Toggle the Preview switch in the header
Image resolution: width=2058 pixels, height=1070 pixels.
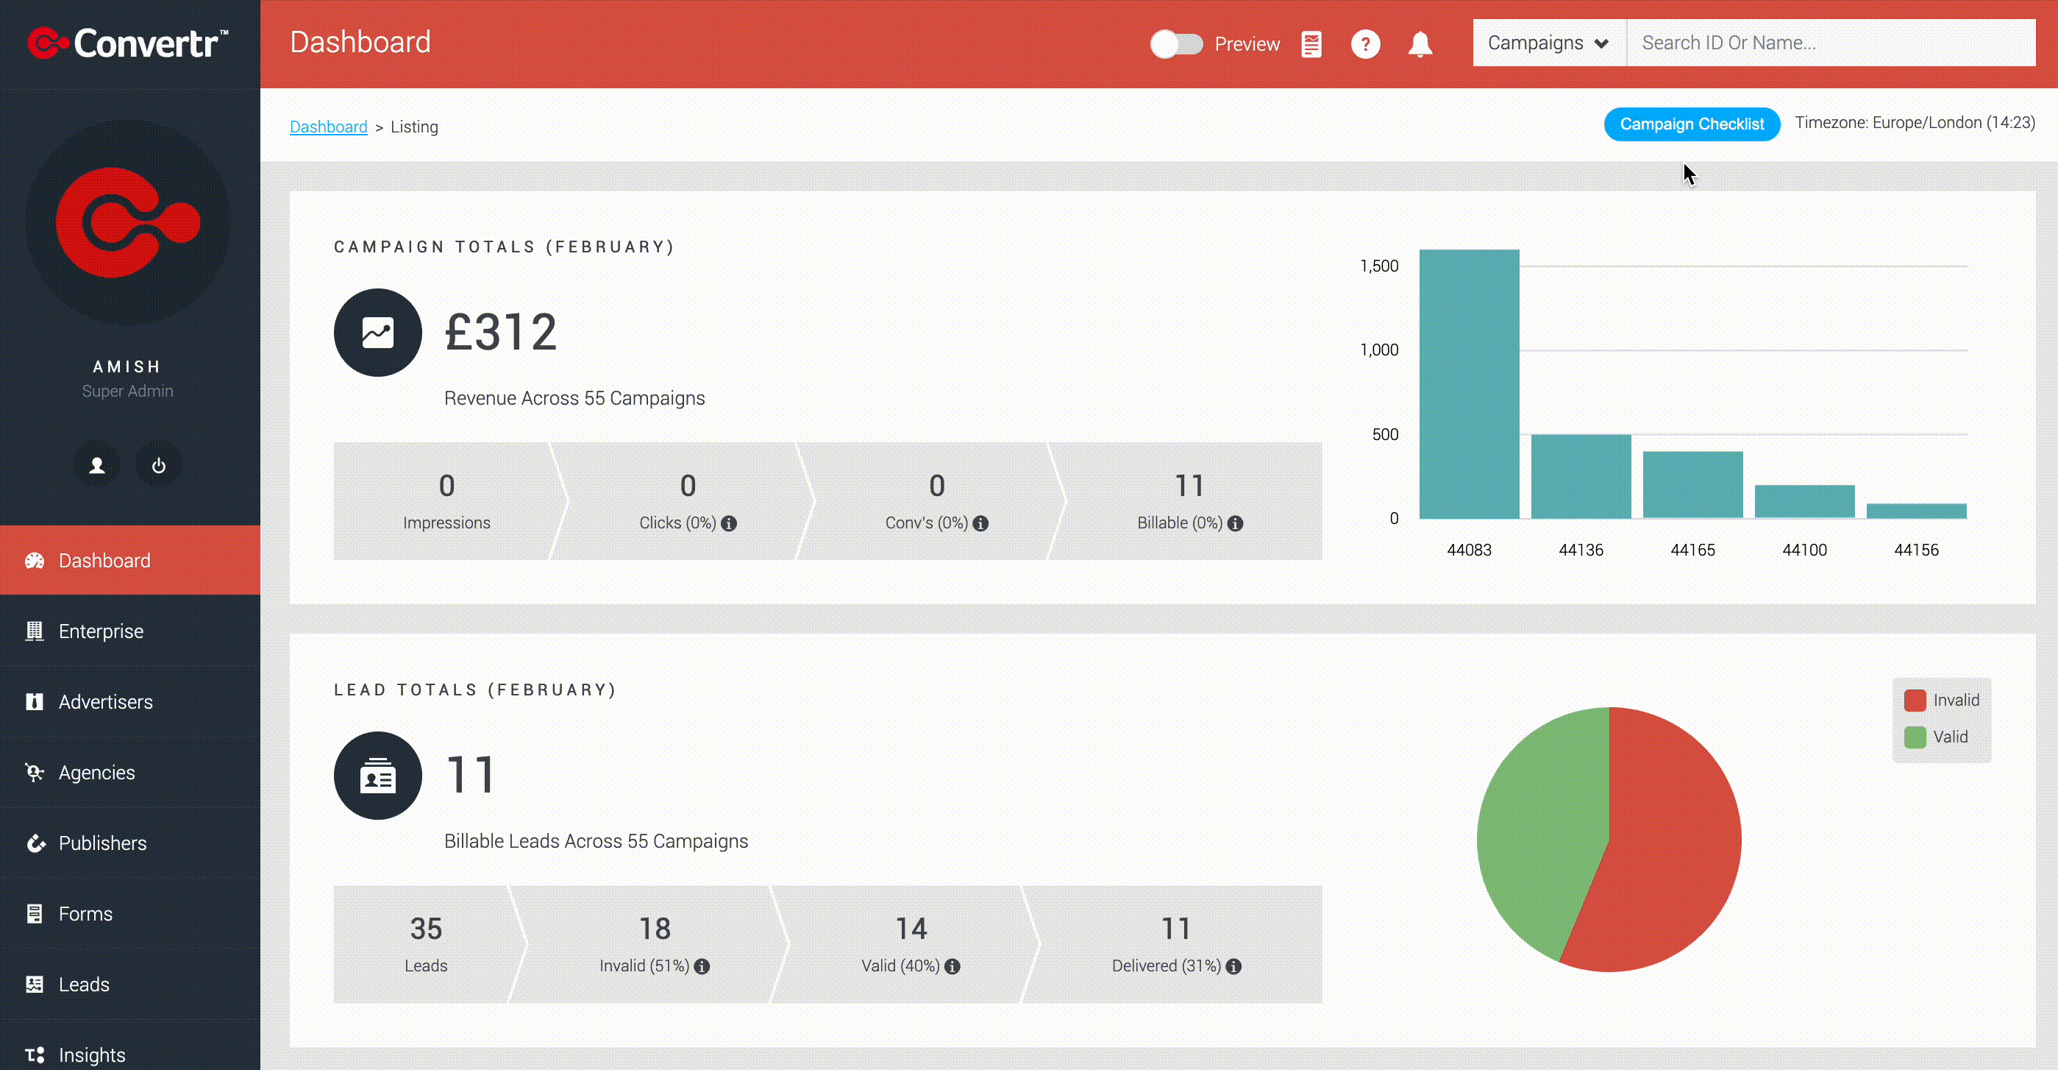coord(1176,44)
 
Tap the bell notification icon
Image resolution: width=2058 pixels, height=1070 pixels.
coord(1420,44)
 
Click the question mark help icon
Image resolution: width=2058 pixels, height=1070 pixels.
coord(1365,44)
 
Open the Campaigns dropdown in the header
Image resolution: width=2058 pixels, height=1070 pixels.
coord(1548,43)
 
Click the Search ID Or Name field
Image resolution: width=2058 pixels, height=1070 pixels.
coord(1830,43)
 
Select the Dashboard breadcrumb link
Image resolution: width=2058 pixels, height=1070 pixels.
coord(328,127)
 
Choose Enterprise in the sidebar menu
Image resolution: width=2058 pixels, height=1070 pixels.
coord(101,631)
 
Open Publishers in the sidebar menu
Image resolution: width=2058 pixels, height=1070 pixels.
coord(102,843)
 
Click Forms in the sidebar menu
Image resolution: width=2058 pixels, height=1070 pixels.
coord(85,913)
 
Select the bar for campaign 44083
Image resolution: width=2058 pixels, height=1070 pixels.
coord(1469,384)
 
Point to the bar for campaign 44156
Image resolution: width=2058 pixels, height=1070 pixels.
coord(1917,511)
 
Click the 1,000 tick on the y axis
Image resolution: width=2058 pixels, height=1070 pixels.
coord(1379,350)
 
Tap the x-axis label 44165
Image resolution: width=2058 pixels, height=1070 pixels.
coord(1693,550)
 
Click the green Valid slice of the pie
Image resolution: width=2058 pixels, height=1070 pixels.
coord(1538,831)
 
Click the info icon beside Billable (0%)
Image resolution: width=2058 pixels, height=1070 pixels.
coord(1235,523)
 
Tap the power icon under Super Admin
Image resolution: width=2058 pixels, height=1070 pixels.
coord(158,465)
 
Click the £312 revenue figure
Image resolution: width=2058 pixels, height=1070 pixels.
coord(501,333)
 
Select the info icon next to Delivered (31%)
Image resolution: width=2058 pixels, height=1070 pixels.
coord(1233,966)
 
